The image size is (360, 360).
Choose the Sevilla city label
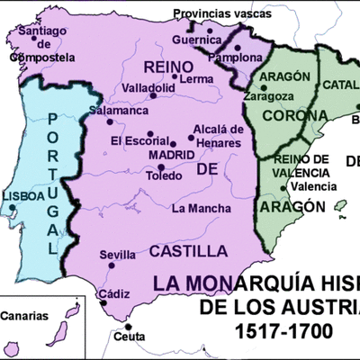(117, 255)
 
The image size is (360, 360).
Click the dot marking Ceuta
(128, 326)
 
